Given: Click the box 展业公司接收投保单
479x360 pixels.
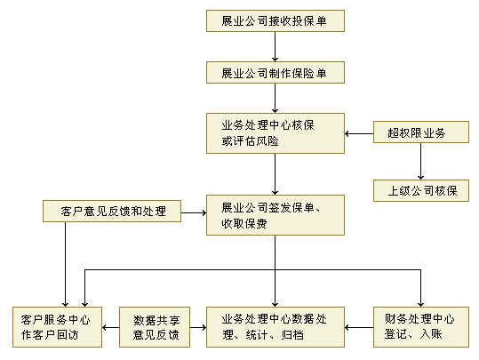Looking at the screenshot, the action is coord(275,20).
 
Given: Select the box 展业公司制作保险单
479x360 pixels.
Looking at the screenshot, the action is coord(275,72).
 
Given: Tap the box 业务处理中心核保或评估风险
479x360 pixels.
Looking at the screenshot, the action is coord(275,133).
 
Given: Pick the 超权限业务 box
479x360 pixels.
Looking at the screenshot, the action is coord(421,132).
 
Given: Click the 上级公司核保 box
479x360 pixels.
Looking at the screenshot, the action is coord(421,191).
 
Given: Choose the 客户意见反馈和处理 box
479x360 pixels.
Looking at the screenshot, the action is coord(112,212).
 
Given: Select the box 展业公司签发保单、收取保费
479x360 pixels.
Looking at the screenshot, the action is coord(275,215).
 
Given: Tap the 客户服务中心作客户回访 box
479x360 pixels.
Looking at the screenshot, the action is coord(57,327).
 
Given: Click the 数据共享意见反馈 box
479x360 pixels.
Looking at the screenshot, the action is coord(155,327).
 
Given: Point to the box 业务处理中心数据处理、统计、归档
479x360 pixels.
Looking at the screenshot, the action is coord(275,327).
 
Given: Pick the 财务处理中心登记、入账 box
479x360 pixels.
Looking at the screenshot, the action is coord(421,327).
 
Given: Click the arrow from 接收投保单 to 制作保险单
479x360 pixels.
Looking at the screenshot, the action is coord(275,47).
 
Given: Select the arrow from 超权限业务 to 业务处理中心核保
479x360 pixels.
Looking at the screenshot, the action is coord(359,133).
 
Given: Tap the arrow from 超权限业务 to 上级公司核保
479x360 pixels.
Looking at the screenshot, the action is coord(420,162).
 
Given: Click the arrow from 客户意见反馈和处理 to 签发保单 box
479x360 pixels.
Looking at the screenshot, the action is coord(194,212).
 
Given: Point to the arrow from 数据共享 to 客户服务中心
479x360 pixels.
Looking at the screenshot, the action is coord(110,328).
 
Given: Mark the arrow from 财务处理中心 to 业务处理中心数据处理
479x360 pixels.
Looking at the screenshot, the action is coord(359,328).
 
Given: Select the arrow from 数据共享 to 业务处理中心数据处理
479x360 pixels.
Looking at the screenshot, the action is coord(198,328).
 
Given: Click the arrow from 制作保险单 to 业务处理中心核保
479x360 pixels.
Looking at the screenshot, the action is coord(275,99).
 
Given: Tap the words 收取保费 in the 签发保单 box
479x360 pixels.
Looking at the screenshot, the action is coord(244,224).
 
